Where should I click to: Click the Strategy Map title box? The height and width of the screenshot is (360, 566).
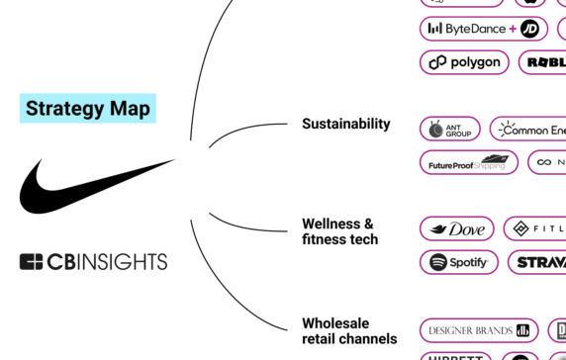(88, 108)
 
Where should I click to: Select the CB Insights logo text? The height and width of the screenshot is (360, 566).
(108, 262)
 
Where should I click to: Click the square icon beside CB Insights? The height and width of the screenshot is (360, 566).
(31, 262)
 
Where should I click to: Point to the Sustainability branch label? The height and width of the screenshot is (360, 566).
(345, 125)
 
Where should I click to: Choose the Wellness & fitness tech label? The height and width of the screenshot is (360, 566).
(339, 231)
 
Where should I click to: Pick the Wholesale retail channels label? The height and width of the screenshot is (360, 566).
(348, 330)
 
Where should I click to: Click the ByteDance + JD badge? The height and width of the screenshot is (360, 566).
(484, 29)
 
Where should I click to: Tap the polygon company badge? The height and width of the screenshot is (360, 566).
(464, 62)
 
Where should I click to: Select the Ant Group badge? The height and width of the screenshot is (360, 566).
(450, 130)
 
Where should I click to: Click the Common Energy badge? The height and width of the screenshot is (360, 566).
(527, 130)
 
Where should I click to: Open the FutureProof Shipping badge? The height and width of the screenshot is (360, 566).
(468, 162)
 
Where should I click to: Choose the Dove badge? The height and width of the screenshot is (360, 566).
(456, 229)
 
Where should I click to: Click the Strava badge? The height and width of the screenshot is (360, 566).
(537, 263)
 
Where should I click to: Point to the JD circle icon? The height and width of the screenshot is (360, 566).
(531, 29)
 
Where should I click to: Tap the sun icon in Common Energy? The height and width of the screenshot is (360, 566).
(506, 129)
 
